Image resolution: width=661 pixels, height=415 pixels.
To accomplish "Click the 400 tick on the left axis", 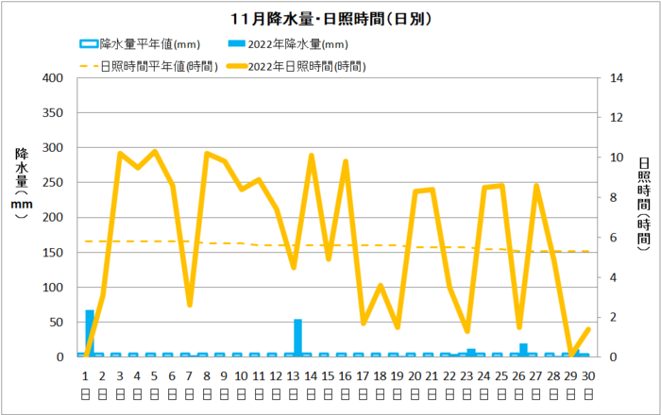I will [x=53, y=78].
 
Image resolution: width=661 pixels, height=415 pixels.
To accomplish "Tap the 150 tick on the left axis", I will [x=53, y=253].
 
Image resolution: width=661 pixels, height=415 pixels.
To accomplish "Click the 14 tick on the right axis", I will [x=617, y=78].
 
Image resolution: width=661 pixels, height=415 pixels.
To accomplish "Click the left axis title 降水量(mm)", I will [x=21, y=183].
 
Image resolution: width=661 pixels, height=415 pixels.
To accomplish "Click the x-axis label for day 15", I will [x=328, y=374].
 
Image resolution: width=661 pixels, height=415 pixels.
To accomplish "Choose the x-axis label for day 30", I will [x=587, y=374].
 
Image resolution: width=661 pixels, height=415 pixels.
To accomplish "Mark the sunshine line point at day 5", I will [x=155, y=151].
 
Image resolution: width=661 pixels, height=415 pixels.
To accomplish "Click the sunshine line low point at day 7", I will [x=190, y=304].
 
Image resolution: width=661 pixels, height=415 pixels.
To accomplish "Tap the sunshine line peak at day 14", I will [x=311, y=156].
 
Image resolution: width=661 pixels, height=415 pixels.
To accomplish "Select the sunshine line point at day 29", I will [x=570, y=356].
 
